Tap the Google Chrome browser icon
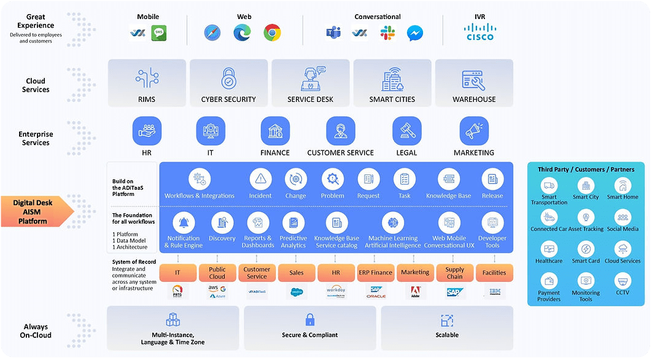pos(273,33)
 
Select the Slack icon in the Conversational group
pos(387,33)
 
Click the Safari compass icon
pos(212,33)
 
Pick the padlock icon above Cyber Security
pos(228,79)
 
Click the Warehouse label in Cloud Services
pos(474,99)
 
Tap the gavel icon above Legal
pos(406,130)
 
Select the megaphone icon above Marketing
pos(473,130)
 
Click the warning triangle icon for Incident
pos(260,179)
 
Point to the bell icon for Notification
pos(183,223)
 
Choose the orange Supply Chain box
pos(455,273)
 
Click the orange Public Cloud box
pos(217,273)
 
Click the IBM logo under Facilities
pos(494,292)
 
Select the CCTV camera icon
pos(623,281)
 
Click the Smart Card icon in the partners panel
pos(586,249)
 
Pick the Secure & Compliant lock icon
pos(310,319)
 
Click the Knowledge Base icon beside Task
pos(449,179)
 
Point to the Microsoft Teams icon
pos(333,33)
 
